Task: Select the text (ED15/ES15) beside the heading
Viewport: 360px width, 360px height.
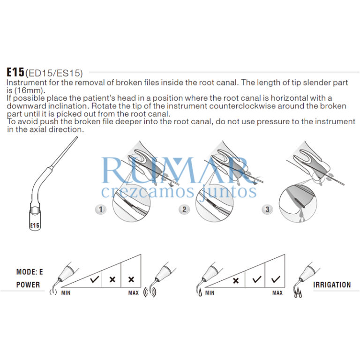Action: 54,73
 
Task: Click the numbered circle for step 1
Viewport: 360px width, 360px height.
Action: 100,210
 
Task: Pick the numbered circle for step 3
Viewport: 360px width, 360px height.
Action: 267,210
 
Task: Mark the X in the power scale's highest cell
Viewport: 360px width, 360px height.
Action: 131,279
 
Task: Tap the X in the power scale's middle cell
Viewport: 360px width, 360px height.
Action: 112,280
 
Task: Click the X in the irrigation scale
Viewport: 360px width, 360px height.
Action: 236,280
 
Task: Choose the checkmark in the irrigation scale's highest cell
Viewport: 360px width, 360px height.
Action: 275,279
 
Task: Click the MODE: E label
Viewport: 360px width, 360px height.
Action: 30,272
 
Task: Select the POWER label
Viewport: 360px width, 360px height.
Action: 28,285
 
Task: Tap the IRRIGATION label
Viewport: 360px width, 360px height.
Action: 332,285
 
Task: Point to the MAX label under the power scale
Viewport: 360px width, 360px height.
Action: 134,293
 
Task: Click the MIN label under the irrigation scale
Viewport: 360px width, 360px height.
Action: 210,293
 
